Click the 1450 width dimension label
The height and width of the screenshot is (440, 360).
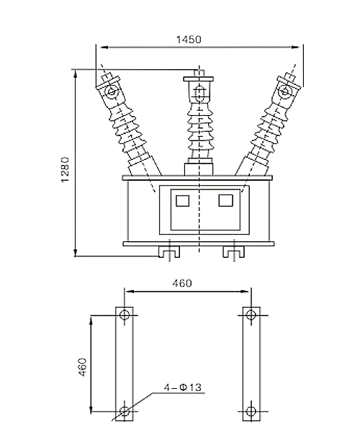189,40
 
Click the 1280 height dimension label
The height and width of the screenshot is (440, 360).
65,170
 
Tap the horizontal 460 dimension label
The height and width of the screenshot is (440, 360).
182,283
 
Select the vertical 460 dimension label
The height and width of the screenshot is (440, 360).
83,367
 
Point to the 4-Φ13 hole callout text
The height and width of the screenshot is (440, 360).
183,387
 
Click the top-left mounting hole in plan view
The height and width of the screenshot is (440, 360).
125,315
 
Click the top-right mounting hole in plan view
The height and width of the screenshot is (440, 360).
251,315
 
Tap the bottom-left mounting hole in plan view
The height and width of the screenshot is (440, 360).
125,411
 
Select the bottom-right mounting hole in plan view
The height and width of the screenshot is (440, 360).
251,411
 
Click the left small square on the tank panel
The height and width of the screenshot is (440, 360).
182,201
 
